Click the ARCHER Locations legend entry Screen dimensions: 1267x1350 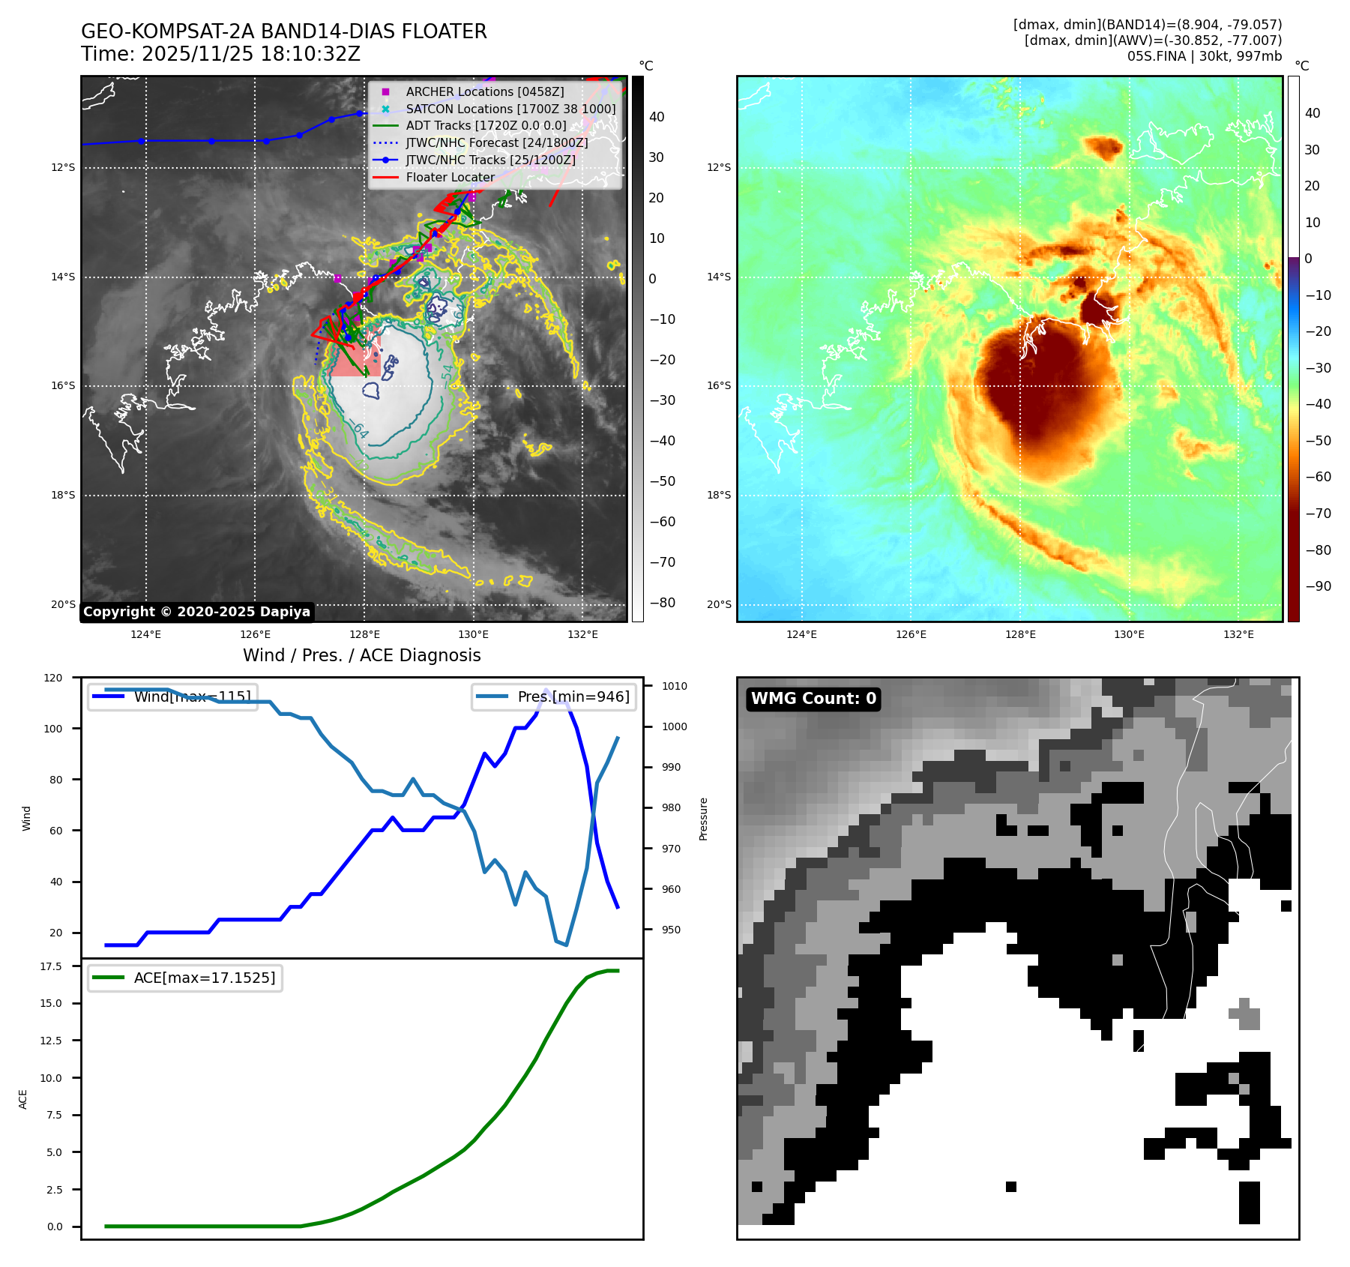(x=484, y=91)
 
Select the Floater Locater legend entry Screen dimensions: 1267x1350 (x=450, y=177)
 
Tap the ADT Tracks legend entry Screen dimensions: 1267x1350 (x=486, y=126)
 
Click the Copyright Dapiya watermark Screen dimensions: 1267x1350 (x=196, y=612)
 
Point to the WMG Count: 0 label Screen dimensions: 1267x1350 (x=813, y=699)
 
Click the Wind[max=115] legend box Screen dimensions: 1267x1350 (x=172, y=696)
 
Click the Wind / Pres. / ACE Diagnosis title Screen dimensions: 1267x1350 (x=361, y=655)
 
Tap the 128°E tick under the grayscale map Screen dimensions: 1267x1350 (x=364, y=634)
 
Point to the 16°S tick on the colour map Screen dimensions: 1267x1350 (x=719, y=386)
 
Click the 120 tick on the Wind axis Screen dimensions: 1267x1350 (x=53, y=678)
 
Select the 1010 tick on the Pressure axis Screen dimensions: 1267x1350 (x=674, y=686)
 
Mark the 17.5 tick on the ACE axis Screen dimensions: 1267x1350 (x=51, y=966)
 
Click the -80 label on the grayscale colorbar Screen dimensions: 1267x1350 (x=662, y=603)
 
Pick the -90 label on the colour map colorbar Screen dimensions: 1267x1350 (x=1318, y=586)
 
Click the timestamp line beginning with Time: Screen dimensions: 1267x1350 (x=220, y=55)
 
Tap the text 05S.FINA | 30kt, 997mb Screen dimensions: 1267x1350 (x=1204, y=56)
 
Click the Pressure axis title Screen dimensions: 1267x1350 (x=703, y=819)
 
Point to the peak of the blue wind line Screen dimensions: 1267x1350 (x=546, y=689)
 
